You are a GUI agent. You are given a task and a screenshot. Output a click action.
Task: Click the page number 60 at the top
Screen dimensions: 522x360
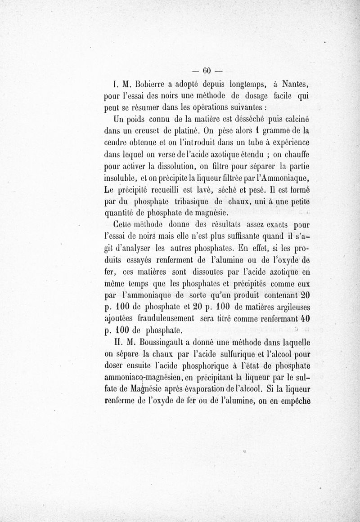[207, 71]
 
